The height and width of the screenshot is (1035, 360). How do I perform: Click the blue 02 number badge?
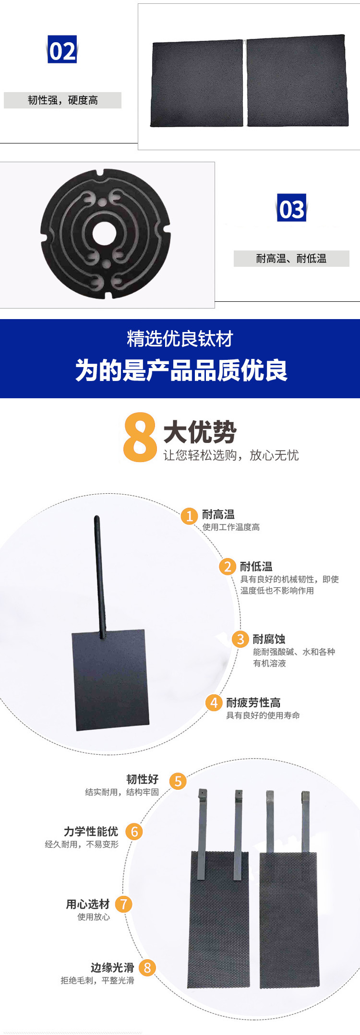click(x=62, y=49)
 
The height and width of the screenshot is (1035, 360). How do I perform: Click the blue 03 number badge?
click(x=291, y=208)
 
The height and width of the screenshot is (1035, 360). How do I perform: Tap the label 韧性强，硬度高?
click(x=63, y=100)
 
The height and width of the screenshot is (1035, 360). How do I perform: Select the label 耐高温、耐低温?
click(x=291, y=259)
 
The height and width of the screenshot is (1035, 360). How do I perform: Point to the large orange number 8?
click(x=140, y=437)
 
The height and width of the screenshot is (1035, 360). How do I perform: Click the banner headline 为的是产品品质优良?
click(x=181, y=370)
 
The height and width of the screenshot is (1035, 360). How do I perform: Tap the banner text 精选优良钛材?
click(x=180, y=339)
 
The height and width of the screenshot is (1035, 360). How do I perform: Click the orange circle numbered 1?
click(x=189, y=516)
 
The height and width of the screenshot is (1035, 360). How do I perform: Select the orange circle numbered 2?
click(x=228, y=566)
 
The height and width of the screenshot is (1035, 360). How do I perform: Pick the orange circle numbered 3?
click(x=240, y=639)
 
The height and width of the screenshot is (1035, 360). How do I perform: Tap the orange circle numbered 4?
click(x=214, y=702)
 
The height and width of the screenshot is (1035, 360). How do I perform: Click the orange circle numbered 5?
click(x=178, y=781)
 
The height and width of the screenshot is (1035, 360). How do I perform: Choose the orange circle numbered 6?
click(x=134, y=832)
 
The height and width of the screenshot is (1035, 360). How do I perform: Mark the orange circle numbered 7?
click(x=124, y=904)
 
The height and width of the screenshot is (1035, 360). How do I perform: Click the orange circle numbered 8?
click(x=147, y=968)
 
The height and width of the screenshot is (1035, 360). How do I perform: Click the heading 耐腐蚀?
click(x=269, y=639)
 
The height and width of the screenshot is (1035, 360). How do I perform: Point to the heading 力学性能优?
click(x=91, y=832)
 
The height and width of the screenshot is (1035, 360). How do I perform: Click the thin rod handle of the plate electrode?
click(x=100, y=576)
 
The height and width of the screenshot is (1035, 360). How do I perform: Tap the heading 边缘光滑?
click(x=112, y=967)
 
